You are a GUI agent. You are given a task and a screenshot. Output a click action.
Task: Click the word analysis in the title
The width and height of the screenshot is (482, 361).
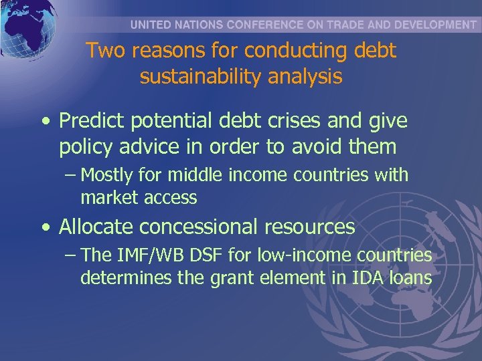point(306,77)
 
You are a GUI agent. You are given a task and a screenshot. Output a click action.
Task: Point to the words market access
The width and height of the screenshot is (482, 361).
point(139,198)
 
